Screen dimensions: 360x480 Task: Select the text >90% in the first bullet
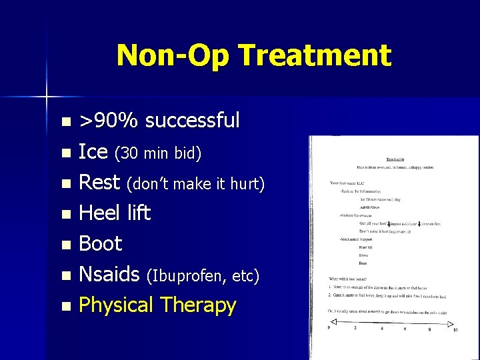(x=109, y=121)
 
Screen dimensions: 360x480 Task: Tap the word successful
(x=192, y=121)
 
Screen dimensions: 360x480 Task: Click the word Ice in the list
(x=93, y=152)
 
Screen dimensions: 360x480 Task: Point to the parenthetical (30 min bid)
(x=158, y=154)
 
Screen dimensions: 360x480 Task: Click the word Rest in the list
(x=99, y=182)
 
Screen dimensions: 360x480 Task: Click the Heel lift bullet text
(x=115, y=213)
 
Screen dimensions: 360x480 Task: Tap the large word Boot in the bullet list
(x=101, y=244)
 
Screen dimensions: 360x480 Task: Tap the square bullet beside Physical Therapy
(x=65, y=307)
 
